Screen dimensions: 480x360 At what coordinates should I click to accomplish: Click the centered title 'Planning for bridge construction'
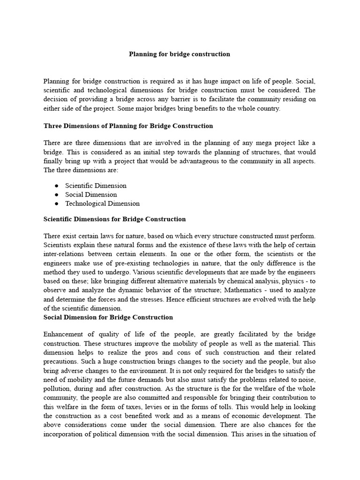(180, 54)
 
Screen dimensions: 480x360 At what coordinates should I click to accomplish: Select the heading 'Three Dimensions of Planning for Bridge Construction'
(128, 126)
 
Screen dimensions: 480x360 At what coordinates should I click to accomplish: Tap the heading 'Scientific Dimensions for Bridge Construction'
(114, 219)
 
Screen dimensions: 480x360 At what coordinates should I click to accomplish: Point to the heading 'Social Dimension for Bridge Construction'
(108, 317)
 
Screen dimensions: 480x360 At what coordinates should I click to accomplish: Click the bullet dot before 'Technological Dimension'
(56, 204)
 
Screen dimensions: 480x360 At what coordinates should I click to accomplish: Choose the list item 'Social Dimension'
(91, 195)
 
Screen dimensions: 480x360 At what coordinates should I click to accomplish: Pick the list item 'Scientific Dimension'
(96, 186)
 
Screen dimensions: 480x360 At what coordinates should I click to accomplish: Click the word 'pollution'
(58, 389)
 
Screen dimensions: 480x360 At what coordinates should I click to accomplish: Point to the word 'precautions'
(60, 361)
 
